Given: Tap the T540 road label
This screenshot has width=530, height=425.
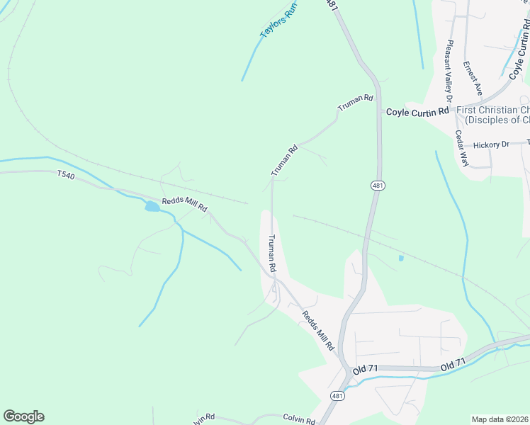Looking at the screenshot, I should click(x=66, y=174).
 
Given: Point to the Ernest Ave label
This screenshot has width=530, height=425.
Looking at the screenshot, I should click(x=473, y=79).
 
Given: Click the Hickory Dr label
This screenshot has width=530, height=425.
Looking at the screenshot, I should click(x=491, y=145).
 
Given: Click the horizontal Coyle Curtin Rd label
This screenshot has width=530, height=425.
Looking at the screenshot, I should click(x=417, y=112).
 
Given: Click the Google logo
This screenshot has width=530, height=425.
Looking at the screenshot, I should click(x=23, y=416).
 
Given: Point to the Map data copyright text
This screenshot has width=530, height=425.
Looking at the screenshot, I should click(x=500, y=419).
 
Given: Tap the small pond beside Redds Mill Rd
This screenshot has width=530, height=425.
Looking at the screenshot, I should click(x=152, y=207).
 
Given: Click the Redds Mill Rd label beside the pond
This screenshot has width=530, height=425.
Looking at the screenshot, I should click(x=184, y=204).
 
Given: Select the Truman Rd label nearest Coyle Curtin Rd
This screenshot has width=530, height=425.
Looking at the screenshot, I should click(x=355, y=103).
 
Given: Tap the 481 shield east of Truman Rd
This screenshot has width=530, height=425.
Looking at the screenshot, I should click(x=376, y=186).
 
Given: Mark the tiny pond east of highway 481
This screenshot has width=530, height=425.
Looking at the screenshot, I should click(x=401, y=258).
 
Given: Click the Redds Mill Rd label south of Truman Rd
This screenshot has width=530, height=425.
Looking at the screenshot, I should click(x=318, y=331).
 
